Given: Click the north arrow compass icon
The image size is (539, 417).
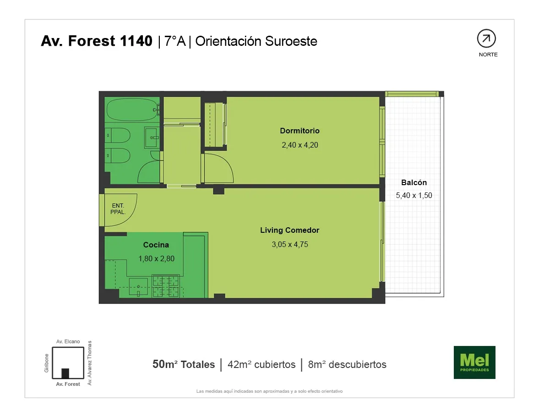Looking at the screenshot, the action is [x=486, y=38].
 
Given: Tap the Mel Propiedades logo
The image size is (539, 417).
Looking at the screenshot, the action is [x=474, y=362].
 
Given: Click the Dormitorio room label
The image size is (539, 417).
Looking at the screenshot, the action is [x=300, y=131].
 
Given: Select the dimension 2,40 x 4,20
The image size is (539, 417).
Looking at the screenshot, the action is [x=300, y=145].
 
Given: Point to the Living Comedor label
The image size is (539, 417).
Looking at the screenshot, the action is [x=290, y=230].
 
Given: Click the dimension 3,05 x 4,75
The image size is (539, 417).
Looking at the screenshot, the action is [x=290, y=245].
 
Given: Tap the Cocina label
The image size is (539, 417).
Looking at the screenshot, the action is [x=156, y=245].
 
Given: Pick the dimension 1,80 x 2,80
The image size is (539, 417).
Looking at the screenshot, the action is [x=157, y=259].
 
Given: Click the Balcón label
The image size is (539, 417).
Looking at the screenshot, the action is [x=414, y=183].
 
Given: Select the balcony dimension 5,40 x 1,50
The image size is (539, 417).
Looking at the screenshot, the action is [x=414, y=195].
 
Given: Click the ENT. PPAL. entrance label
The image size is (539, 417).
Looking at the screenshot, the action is [x=118, y=209].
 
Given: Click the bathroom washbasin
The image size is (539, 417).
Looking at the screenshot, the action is [x=152, y=137].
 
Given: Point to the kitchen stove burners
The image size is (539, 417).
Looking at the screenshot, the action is [x=166, y=286].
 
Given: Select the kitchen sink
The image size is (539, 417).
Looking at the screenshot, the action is [x=138, y=287].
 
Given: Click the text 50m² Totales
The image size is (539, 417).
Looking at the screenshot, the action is [x=184, y=364].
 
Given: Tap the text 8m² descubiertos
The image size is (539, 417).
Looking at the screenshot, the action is [x=347, y=364].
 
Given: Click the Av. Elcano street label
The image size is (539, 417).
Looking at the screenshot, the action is [x=68, y=342].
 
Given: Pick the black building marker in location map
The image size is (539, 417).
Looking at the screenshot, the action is [x=65, y=373].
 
